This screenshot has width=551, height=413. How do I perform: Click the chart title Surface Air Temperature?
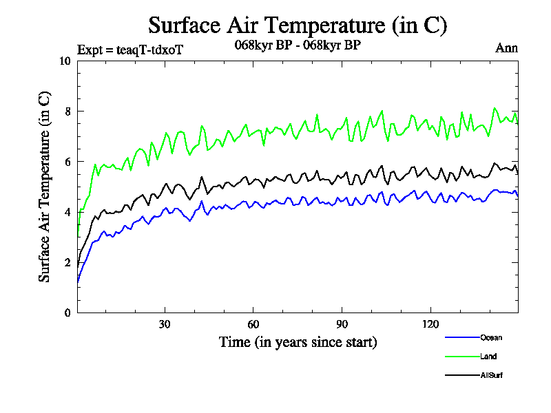coord(298,25)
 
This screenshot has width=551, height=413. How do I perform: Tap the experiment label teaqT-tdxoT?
coord(129,49)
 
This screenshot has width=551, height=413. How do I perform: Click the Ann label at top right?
coord(506,48)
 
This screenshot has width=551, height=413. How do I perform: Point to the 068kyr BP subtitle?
coord(298,45)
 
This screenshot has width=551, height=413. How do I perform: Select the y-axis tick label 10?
coord(65,61)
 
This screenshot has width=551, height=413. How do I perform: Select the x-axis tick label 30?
coord(165,324)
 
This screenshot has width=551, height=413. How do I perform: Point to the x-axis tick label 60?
coord(253,324)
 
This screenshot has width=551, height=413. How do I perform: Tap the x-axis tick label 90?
coord(342,324)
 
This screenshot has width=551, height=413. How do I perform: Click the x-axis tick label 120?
coord(430,324)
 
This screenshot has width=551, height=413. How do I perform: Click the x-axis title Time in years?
coord(298,341)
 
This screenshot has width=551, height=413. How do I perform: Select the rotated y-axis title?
coord(44,187)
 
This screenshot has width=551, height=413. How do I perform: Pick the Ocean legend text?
coord(491,337)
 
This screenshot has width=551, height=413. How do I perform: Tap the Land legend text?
coord(488,357)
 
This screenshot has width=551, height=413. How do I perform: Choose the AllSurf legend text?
coord(492,375)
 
